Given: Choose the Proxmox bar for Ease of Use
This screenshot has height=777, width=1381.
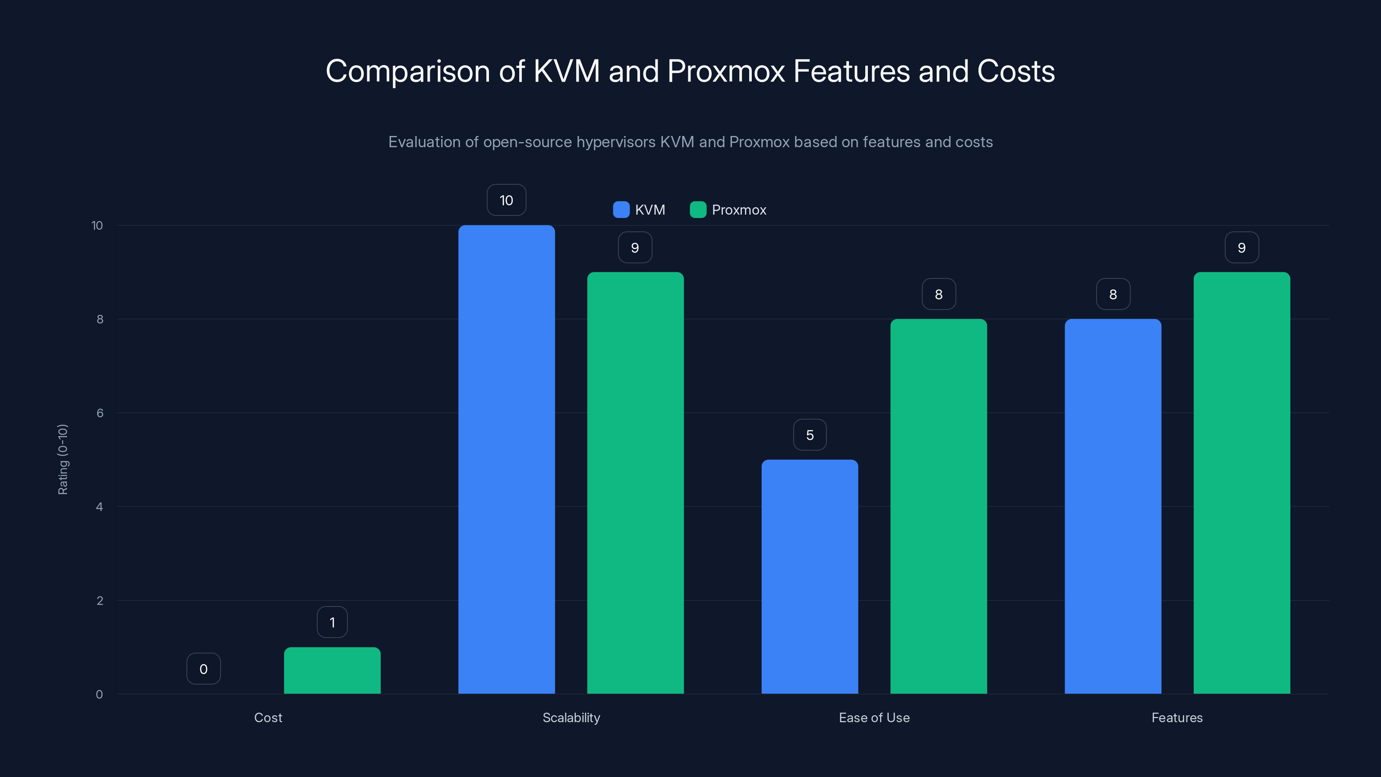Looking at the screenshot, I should (938, 506).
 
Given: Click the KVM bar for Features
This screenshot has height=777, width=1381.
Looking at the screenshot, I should (1113, 506).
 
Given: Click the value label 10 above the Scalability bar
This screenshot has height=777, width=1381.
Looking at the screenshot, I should (506, 200).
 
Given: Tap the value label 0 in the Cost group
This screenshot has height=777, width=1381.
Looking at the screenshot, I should (203, 669).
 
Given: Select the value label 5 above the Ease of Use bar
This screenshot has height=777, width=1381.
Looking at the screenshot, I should (810, 435).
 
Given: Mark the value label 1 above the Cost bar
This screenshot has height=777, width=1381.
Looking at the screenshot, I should (332, 622).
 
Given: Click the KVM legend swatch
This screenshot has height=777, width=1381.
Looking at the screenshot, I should (621, 210).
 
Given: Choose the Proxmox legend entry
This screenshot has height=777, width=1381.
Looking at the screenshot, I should (738, 210).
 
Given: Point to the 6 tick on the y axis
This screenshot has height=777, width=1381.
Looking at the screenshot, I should (100, 413).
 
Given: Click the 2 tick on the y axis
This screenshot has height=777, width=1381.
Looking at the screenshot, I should (100, 600).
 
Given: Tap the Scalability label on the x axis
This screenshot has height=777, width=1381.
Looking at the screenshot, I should (571, 717).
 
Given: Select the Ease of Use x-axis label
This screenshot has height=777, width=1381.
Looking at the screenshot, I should (874, 717).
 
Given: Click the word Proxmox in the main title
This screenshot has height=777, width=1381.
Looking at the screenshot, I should (726, 71).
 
